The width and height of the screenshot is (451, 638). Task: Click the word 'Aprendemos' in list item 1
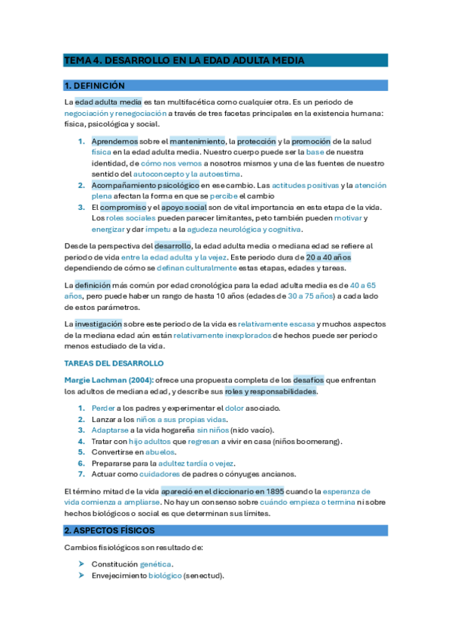pyautogui.click(x=114, y=141)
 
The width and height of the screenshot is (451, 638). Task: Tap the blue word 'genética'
pyautogui.click(x=156, y=564)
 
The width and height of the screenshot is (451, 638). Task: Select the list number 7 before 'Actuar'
pyautogui.click(x=81, y=475)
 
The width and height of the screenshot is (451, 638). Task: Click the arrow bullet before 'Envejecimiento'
pyautogui.click(x=81, y=576)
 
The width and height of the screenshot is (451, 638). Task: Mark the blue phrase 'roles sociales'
pyautogui.click(x=130, y=218)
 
